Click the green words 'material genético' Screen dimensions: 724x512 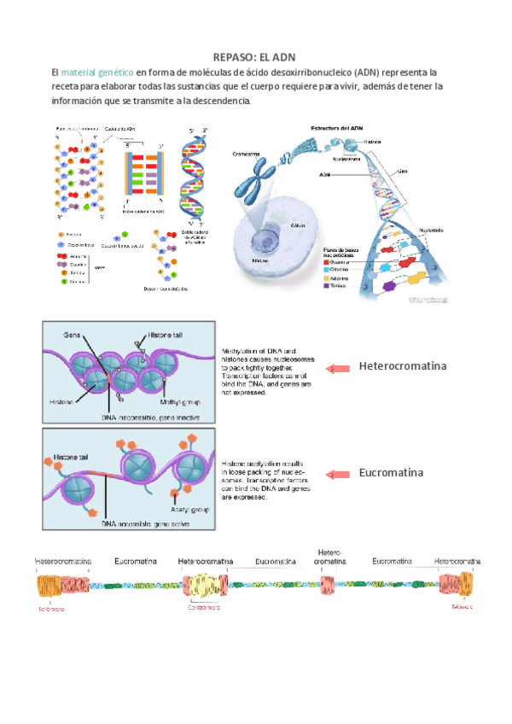tap(98, 73)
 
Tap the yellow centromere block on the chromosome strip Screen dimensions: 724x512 tap(202, 586)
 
